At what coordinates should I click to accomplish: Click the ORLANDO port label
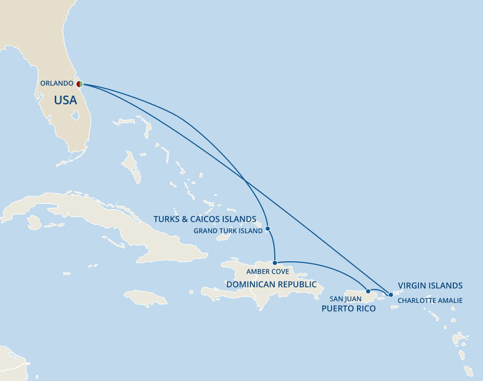pos(57,83)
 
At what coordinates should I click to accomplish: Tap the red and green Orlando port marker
pos(79,84)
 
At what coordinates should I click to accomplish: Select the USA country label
pos(66,100)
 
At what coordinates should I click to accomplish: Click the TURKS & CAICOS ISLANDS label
pos(205,219)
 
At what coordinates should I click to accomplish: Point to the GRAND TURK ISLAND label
pos(228,231)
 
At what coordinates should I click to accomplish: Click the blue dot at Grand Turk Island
pos(268,228)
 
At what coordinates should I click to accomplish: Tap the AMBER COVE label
pos(268,272)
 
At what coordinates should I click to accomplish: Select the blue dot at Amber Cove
pos(275,263)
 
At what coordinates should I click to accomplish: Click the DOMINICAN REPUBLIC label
pos(271,284)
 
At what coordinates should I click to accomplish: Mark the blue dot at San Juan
pos(368,291)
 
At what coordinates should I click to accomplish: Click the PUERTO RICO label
pos(348,309)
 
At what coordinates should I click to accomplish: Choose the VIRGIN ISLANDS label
pos(430,285)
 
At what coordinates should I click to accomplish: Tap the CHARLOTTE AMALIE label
pos(430,300)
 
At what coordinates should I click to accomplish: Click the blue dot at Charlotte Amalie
pos(391,295)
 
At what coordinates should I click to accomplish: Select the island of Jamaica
pos(145,298)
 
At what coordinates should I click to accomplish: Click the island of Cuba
pos(104,219)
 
